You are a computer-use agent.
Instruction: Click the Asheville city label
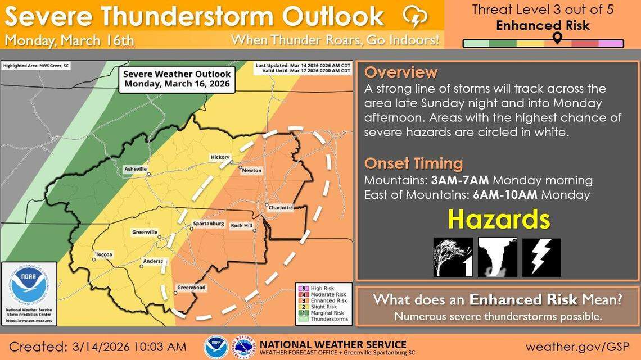(x=135, y=169)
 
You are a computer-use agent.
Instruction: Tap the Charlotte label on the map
(x=280, y=208)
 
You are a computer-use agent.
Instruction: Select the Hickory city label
(x=220, y=157)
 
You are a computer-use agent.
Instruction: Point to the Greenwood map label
(x=191, y=288)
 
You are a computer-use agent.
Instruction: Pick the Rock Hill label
(x=242, y=225)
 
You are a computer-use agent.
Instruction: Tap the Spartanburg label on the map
(x=209, y=224)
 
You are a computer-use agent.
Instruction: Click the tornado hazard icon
(x=498, y=257)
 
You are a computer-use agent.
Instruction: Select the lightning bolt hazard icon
(x=541, y=257)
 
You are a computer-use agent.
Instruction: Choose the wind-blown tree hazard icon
(x=453, y=257)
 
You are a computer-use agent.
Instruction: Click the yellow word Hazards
(x=498, y=220)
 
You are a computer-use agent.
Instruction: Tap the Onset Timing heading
(x=413, y=163)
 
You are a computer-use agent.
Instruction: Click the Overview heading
(x=400, y=72)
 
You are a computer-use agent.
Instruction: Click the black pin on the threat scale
(x=557, y=38)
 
